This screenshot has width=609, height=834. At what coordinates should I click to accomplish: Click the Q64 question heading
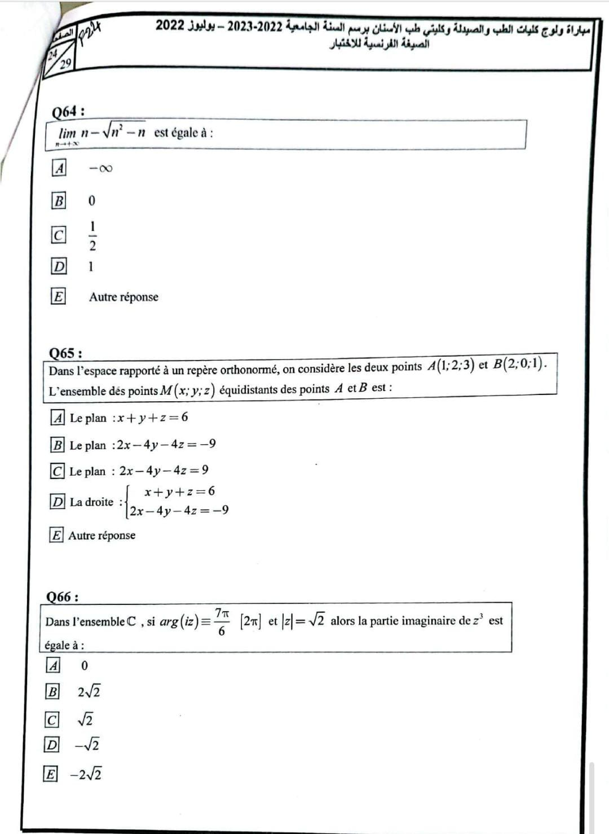tap(68, 111)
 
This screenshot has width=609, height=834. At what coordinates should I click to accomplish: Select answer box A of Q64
tap(59, 168)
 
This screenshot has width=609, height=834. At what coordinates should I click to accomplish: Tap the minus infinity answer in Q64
tap(100, 168)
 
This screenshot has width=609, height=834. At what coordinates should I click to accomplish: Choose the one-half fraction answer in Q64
tap(92, 235)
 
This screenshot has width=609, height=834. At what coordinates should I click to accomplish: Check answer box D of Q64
tap(59, 266)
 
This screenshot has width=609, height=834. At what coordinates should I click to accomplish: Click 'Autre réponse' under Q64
tap(123, 297)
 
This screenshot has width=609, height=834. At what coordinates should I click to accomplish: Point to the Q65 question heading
tap(65, 353)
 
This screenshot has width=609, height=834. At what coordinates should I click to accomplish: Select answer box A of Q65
tap(58, 418)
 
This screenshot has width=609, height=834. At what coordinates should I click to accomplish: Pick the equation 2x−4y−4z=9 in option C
tap(164, 470)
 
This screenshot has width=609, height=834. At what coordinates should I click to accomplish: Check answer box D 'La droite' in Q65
tap(58, 501)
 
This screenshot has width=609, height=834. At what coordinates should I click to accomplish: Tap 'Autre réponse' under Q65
tap(101, 535)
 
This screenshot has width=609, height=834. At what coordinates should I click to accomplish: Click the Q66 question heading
tap(62, 596)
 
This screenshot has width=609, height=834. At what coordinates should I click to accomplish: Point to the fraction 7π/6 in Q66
tap(222, 621)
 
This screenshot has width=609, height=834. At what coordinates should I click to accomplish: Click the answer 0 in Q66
tap(85, 666)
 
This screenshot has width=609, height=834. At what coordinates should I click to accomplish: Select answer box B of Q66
tap(52, 691)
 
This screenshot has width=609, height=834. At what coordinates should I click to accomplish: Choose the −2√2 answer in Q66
tap(86, 774)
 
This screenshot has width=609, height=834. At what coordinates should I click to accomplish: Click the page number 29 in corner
tap(65, 63)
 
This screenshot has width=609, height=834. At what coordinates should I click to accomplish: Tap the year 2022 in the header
tap(170, 25)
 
